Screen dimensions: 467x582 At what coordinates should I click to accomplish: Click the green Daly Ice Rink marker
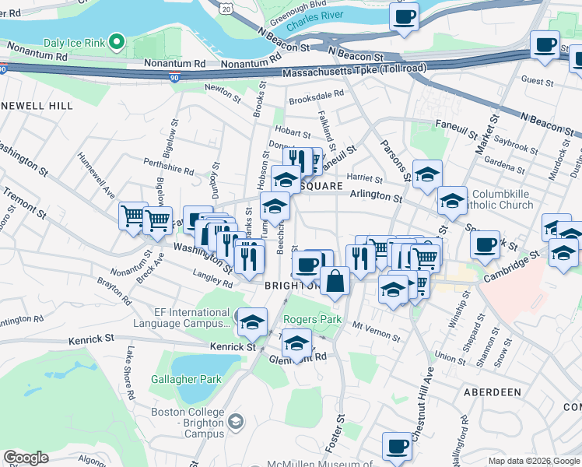pyautogui.click(x=117, y=40)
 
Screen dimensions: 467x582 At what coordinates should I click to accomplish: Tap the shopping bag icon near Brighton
pyautogui.click(x=335, y=281)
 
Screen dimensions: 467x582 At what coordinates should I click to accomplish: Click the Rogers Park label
pyautogui.click(x=312, y=319)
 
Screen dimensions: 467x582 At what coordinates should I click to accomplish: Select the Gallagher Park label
pyautogui.click(x=187, y=379)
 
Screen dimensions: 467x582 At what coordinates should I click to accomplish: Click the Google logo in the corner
pyautogui.click(x=26, y=458)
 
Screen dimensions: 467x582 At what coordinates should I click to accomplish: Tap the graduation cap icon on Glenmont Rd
pyautogui.click(x=296, y=343)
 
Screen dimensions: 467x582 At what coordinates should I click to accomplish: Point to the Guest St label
pyautogui.click(x=537, y=81)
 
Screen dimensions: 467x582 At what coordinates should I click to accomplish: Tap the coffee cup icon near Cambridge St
pyautogui.click(x=485, y=244)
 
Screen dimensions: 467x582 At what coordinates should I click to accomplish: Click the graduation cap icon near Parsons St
pyautogui.click(x=427, y=174)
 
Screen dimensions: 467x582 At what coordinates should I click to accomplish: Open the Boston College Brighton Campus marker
pyautogui.click(x=237, y=422)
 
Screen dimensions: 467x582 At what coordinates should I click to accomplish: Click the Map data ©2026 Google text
pyautogui.click(x=534, y=461)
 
